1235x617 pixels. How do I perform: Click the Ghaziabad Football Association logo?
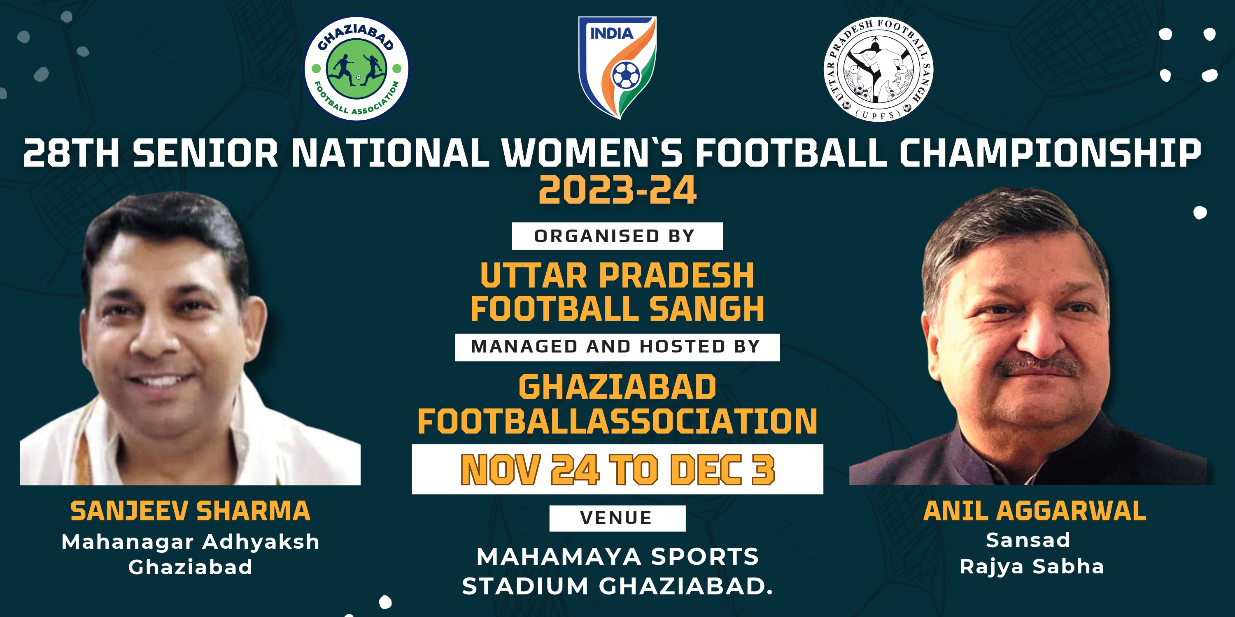click(357, 69)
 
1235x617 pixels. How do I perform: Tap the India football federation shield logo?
click(617, 67)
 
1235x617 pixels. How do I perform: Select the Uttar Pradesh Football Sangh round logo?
click(878, 70)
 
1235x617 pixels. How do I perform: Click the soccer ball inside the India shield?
click(626, 75)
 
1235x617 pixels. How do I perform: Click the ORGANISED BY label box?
click(617, 236)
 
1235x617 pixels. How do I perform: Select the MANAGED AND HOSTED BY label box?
click(617, 347)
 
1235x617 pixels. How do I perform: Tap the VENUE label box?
click(617, 518)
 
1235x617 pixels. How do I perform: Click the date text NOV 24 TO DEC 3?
click(617, 469)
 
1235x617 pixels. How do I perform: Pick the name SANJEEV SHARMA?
click(190, 510)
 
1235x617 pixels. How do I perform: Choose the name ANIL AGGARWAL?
click(1035, 510)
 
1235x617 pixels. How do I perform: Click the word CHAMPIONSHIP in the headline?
click(1050, 153)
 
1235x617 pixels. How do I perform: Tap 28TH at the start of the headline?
click(71, 153)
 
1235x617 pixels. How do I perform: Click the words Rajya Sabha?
click(1032, 567)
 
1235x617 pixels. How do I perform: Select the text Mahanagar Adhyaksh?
click(190, 542)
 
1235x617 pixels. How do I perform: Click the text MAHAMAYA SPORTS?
click(617, 557)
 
